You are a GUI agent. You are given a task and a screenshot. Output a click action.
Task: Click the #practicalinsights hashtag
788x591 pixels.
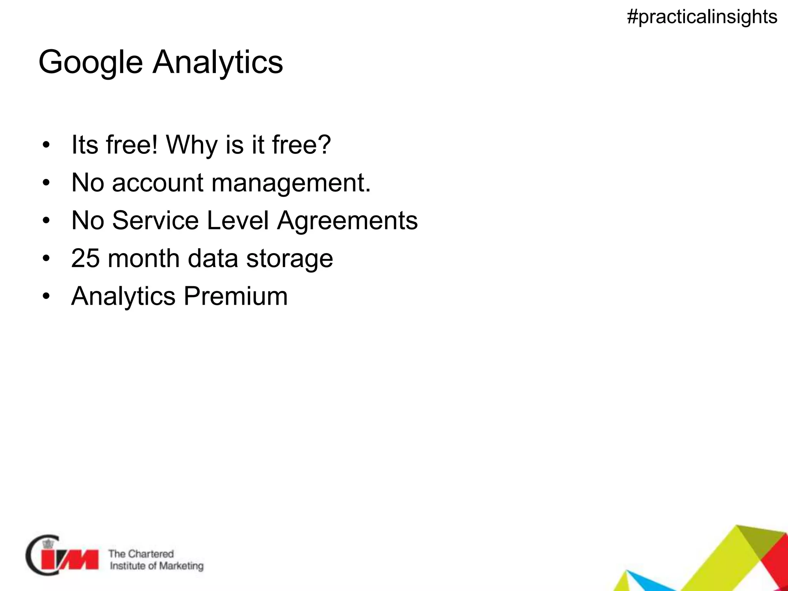pyautogui.click(x=702, y=17)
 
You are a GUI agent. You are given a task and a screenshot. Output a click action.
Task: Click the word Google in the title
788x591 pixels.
pyautogui.click(x=90, y=62)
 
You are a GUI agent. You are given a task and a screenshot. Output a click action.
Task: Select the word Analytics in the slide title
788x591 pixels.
pyautogui.click(x=218, y=62)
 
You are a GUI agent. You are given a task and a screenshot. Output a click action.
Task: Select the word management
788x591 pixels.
pyautogui.click(x=291, y=183)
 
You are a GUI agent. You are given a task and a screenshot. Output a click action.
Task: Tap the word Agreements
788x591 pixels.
pyautogui.click(x=347, y=221)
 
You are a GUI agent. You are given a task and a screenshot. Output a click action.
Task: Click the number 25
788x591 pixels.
pyautogui.click(x=85, y=258)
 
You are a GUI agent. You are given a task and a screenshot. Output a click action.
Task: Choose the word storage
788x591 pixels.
pyautogui.click(x=289, y=259)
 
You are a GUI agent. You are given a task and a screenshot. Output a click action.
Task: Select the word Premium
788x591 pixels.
pyautogui.click(x=235, y=296)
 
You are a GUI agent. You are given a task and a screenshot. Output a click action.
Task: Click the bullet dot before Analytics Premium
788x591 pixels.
pyautogui.click(x=47, y=297)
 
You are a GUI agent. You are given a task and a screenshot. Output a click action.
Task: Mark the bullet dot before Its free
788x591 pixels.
pyautogui.click(x=47, y=145)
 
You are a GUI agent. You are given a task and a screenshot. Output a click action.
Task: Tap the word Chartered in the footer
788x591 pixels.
pyautogui.click(x=151, y=554)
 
